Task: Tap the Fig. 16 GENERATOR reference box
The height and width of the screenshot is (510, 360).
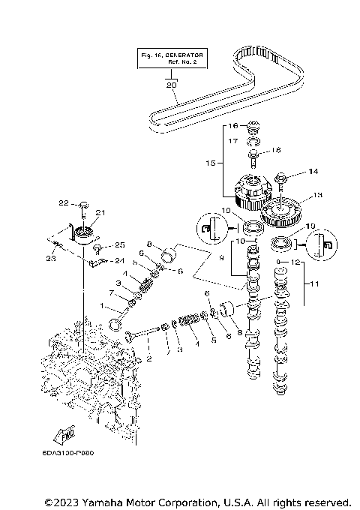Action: [x=172, y=58]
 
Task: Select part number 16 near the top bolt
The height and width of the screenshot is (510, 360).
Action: [x=233, y=125]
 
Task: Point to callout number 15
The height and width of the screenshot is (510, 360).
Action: [x=210, y=161]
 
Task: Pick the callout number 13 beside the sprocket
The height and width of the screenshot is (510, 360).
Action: [x=317, y=195]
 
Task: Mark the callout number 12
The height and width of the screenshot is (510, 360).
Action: [x=295, y=262]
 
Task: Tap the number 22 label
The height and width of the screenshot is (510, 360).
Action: [x=64, y=202]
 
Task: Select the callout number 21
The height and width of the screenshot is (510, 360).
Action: [x=100, y=213]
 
